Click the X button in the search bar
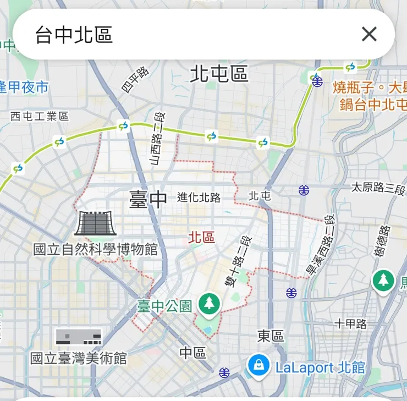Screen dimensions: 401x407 click(369, 34)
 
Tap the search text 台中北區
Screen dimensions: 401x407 click(74, 35)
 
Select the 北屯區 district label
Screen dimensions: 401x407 click(219, 74)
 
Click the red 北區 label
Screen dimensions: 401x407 click(201, 237)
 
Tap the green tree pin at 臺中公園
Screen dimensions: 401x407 click(209, 304)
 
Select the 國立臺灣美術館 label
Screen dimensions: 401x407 click(79, 359)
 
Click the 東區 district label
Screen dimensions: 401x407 click(271, 336)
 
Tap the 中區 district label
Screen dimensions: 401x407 click(193, 353)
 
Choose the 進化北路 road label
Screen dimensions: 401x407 click(199, 197)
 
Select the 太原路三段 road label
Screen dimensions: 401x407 click(378, 188)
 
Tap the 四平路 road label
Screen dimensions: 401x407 click(135, 79)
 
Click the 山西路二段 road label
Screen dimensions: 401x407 click(157, 138)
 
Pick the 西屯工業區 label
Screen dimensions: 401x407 click(40, 116)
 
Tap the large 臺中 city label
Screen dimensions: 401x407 click(148, 199)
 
